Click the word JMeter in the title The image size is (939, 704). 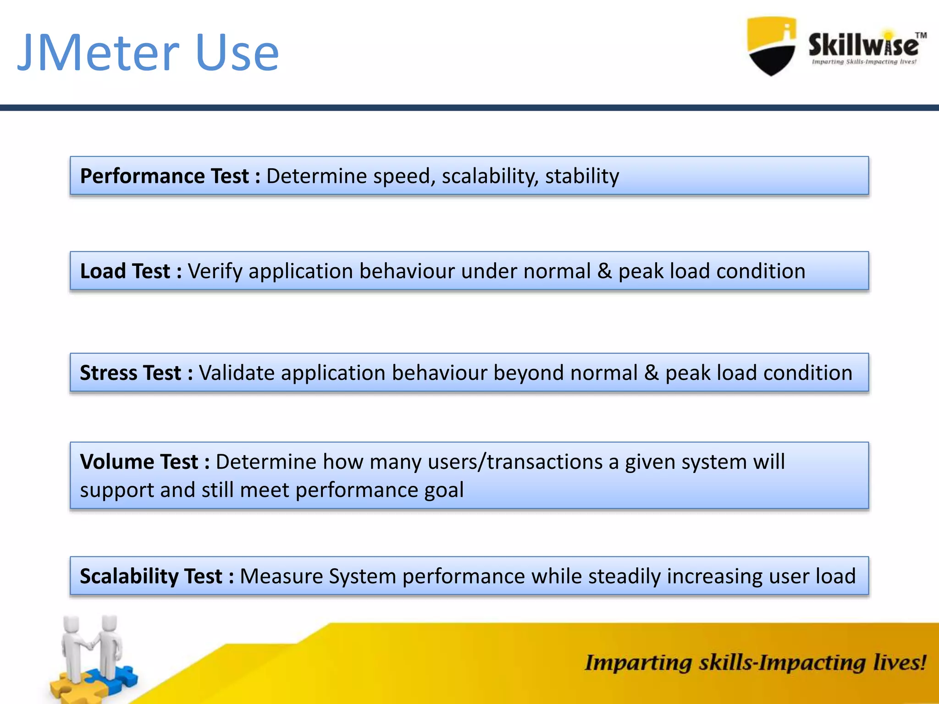tap(98, 53)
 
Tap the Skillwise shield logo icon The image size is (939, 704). tap(772, 46)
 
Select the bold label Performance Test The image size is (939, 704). tap(164, 176)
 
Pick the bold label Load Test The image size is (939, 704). tap(125, 271)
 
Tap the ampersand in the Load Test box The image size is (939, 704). tap(604, 271)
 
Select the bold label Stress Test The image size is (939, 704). tap(130, 373)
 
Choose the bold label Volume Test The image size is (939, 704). tap(139, 462)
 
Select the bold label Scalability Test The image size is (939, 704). tap(151, 577)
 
